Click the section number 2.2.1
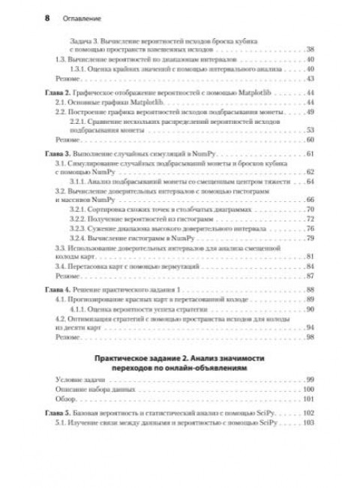[79, 120]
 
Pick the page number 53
[310, 130]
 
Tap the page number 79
[310, 237]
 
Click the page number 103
[308, 423]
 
